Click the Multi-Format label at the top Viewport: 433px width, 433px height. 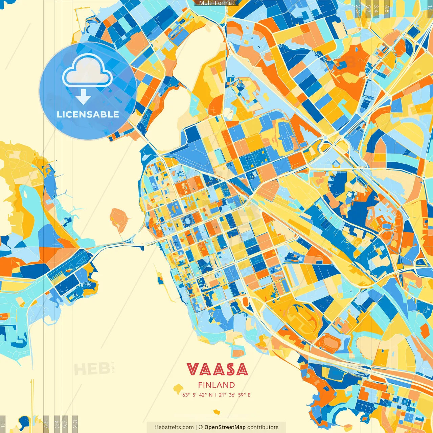pos(216,3)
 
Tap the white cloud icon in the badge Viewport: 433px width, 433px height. pos(87,71)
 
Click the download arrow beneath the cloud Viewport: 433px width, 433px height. pos(83,97)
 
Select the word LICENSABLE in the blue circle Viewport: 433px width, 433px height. pos(88,114)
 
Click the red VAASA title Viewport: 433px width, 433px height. pos(217,370)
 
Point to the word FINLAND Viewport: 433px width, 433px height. pos(216,385)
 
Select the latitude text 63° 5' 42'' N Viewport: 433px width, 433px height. pos(197,395)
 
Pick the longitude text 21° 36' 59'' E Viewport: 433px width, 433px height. pos(235,395)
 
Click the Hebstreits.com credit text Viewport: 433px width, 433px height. pos(174,427)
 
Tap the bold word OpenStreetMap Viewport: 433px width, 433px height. pos(225,427)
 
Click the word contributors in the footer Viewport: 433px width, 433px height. pos(263,427)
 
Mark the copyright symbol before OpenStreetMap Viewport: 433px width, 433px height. pos(201,427)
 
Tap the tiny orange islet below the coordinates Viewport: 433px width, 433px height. pos(216,412)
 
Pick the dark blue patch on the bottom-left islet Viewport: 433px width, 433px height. pos(24,421)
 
